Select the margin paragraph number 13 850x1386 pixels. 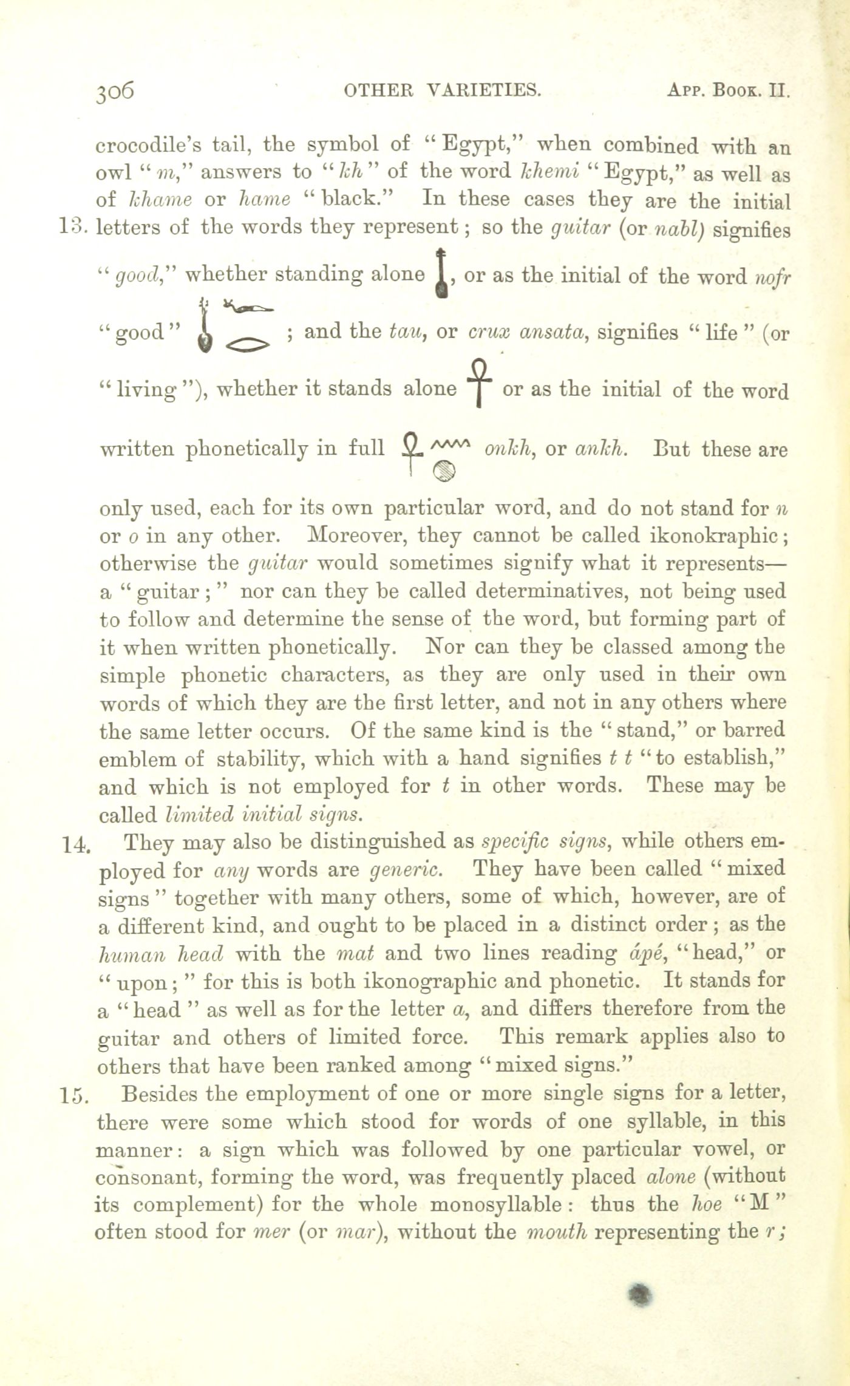(75, 228)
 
